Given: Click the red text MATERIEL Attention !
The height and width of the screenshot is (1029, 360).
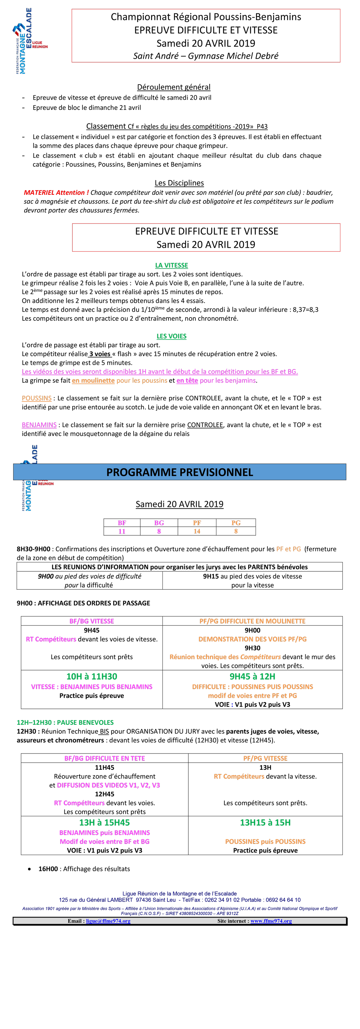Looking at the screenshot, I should tap(56, 193).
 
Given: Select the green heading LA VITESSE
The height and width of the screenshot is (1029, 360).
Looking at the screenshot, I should tap(171, 265).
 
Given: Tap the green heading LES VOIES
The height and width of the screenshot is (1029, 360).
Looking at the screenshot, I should tap(171, 336).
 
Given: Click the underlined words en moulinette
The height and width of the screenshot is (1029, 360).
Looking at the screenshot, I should tap(93, 381).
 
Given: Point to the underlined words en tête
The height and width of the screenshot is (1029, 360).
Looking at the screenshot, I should tap(187, 381).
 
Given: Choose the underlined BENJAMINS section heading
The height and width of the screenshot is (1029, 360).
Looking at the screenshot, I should tap(39, 425).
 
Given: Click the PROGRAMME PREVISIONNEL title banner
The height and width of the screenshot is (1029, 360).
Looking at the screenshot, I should tap(180, 472).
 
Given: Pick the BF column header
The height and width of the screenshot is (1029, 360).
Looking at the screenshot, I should tap(122, 523).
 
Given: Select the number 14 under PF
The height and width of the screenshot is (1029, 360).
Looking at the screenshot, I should tap(197, 531).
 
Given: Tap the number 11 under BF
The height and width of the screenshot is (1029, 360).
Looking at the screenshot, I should tap(122, 531).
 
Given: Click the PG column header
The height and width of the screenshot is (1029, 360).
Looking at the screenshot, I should tap(236, 523).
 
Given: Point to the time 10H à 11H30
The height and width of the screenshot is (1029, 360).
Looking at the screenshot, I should tap(92, 676).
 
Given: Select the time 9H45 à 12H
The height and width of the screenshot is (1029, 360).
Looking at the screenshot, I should tap(252, 676).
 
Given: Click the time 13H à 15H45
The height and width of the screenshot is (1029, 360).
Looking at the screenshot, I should tap(104, 822).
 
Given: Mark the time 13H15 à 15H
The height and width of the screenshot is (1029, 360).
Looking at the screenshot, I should tap(265, 822).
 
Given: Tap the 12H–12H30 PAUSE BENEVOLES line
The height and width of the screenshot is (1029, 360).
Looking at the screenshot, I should tap(65, 722).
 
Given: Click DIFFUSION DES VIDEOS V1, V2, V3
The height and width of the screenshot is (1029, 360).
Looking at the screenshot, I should tap(108, 785).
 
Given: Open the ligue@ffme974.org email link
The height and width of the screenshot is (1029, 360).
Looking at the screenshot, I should tap(108, 921).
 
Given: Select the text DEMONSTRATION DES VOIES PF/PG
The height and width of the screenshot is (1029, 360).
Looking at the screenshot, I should tap(252, 639).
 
